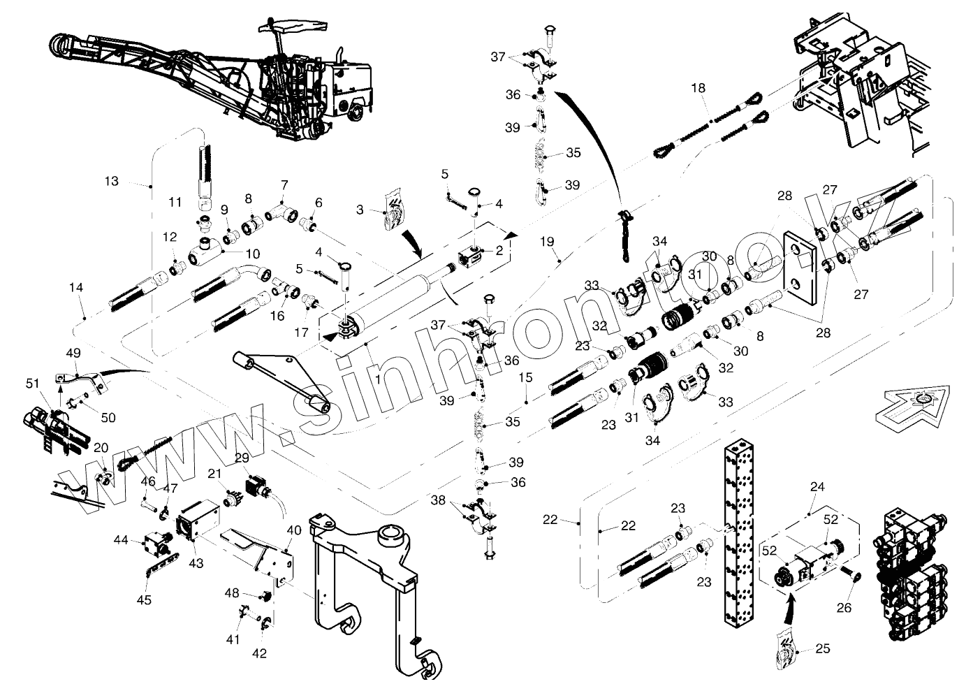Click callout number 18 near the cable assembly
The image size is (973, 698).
pos(698,88)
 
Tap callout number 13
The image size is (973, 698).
pos(111,182)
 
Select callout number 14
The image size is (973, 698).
pos(76,287)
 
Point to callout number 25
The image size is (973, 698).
pos(822,649)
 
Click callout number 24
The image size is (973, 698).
pos(817,487)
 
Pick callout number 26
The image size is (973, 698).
pos(844,608)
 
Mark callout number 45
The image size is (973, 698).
pos(143,599)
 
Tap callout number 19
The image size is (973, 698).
pos(547,242)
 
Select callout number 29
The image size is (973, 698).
pos(242,458)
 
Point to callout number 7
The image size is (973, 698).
pos(284,184)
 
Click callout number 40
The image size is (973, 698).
pos(293,530)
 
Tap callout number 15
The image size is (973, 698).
pos(526,377)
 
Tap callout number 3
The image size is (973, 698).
pos(360,210)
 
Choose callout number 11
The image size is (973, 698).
pos(175,203)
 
